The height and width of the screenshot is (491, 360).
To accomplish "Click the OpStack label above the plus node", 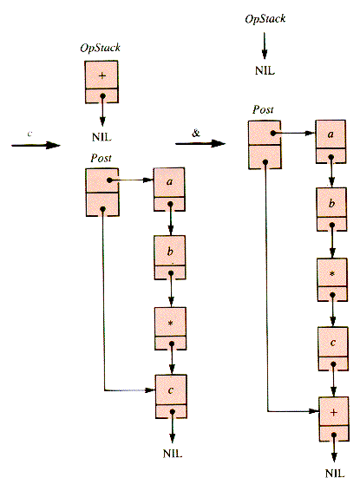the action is pos(100,48).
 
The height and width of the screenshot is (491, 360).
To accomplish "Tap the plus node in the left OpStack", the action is pos(101,82).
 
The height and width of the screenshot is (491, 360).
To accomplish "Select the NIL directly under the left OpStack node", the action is pos(101,137).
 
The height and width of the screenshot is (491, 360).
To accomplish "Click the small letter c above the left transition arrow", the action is pos(29,134).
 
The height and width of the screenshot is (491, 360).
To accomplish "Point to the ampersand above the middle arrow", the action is pos(196,133).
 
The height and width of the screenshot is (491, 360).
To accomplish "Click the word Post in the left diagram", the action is pos(101,158).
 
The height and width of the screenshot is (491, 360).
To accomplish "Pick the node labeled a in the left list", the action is pos(169,189).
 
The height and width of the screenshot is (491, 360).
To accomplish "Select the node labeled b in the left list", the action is pos(170,257).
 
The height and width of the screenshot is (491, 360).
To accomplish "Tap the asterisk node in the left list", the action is pos(171,328).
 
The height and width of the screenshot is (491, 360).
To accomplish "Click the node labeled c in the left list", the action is pos(171,396).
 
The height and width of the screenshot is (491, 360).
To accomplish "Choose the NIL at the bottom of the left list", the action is pos(173,454).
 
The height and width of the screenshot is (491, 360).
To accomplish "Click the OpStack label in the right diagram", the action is pos(265,19).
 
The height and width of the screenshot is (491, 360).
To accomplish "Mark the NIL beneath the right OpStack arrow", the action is pos(265,70).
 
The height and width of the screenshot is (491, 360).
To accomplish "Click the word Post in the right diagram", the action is pos(263,109).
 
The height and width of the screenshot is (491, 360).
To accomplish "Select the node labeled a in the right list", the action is pos(331,141).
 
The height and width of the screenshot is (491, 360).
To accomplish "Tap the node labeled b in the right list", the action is pos(332,209).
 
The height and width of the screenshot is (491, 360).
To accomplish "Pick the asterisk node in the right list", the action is pos(332,279).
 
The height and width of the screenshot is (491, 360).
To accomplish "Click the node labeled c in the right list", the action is pos(333,349).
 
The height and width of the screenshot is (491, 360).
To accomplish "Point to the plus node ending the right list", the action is pos(334,419).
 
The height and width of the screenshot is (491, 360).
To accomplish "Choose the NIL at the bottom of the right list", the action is pos(335,473).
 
